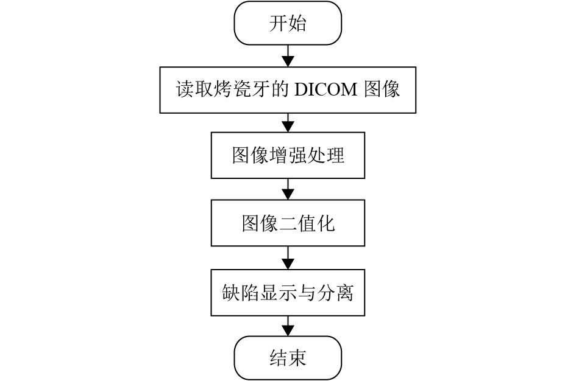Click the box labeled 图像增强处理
(x=288, y=156)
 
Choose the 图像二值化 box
(x=288, y=224)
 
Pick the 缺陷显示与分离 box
(x=288, y=293)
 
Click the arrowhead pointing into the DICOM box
(x=288, y=61)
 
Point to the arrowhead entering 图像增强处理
(x=288, y=127)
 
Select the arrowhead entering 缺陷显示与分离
(x=288, y=264)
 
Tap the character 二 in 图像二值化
(x=288, y=224)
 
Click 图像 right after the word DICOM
(x=382, y=90)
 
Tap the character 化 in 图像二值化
(x=325, y=224)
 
